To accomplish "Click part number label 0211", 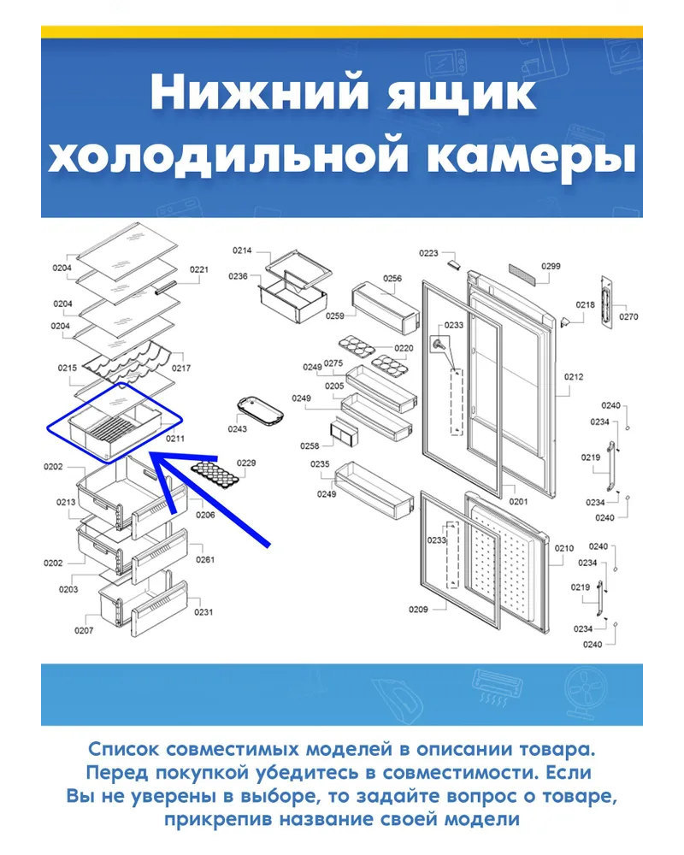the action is [x=175, y=439].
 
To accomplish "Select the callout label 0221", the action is [x=199, y=269].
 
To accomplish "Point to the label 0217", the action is [x=181, y=368].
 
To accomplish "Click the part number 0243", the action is [x=238, y=429].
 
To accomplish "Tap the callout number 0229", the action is [x=246, y=463].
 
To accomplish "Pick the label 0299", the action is [x=551, y=266].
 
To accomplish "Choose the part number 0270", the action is [x=628, y=317].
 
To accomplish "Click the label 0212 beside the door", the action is [x=574, y=377].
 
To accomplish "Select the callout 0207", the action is [x=84, y=630].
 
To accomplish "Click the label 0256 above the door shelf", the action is [x=392, y=279].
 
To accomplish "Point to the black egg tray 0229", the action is [x=215, y=474].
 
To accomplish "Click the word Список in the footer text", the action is [x=123, y=749].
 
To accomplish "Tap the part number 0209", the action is [x=418, y=610].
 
